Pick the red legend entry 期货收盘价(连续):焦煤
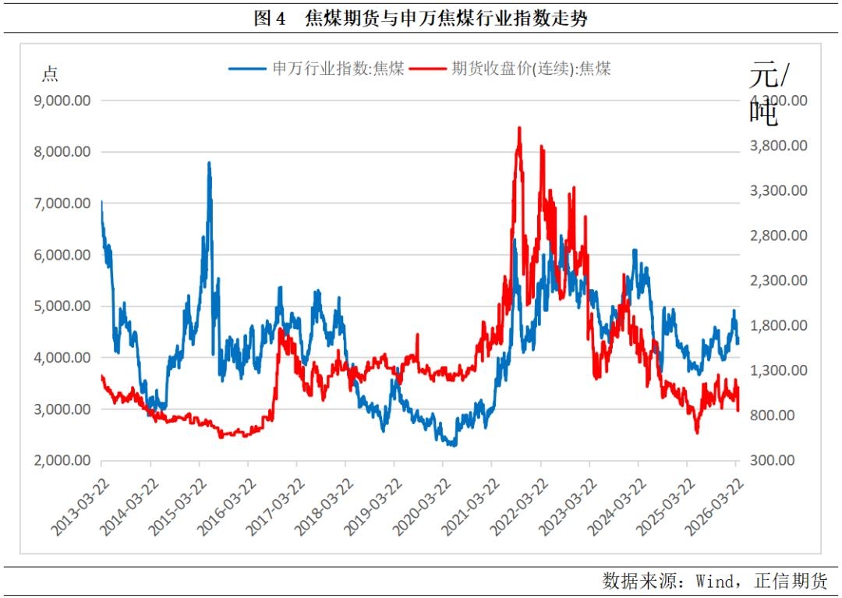coord(531,69)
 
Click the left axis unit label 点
coord(50,75)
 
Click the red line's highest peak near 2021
coord(519,127)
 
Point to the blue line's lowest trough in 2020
coord(452,445)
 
